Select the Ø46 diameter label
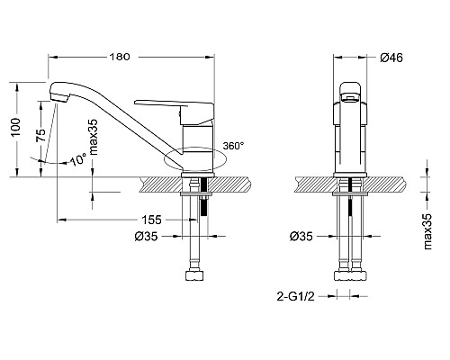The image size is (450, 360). point(391,58)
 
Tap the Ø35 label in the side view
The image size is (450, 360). point(146,238)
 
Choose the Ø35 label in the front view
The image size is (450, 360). point(303,238)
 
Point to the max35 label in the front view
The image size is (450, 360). point(429,221)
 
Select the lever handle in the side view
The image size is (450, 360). point(175,104)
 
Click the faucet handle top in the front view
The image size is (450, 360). point(352,88)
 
